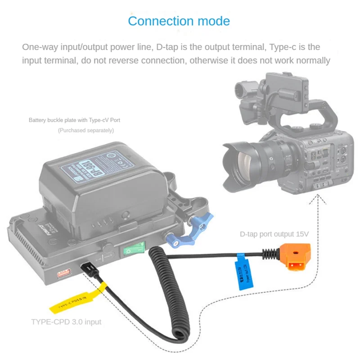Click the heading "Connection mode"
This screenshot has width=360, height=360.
[x=179, y=21]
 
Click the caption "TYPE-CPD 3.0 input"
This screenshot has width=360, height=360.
[x=66, y=322]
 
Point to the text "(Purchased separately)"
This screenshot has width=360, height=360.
[x=86, y=130]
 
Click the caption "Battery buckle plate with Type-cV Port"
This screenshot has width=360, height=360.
[x=74, y=120]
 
